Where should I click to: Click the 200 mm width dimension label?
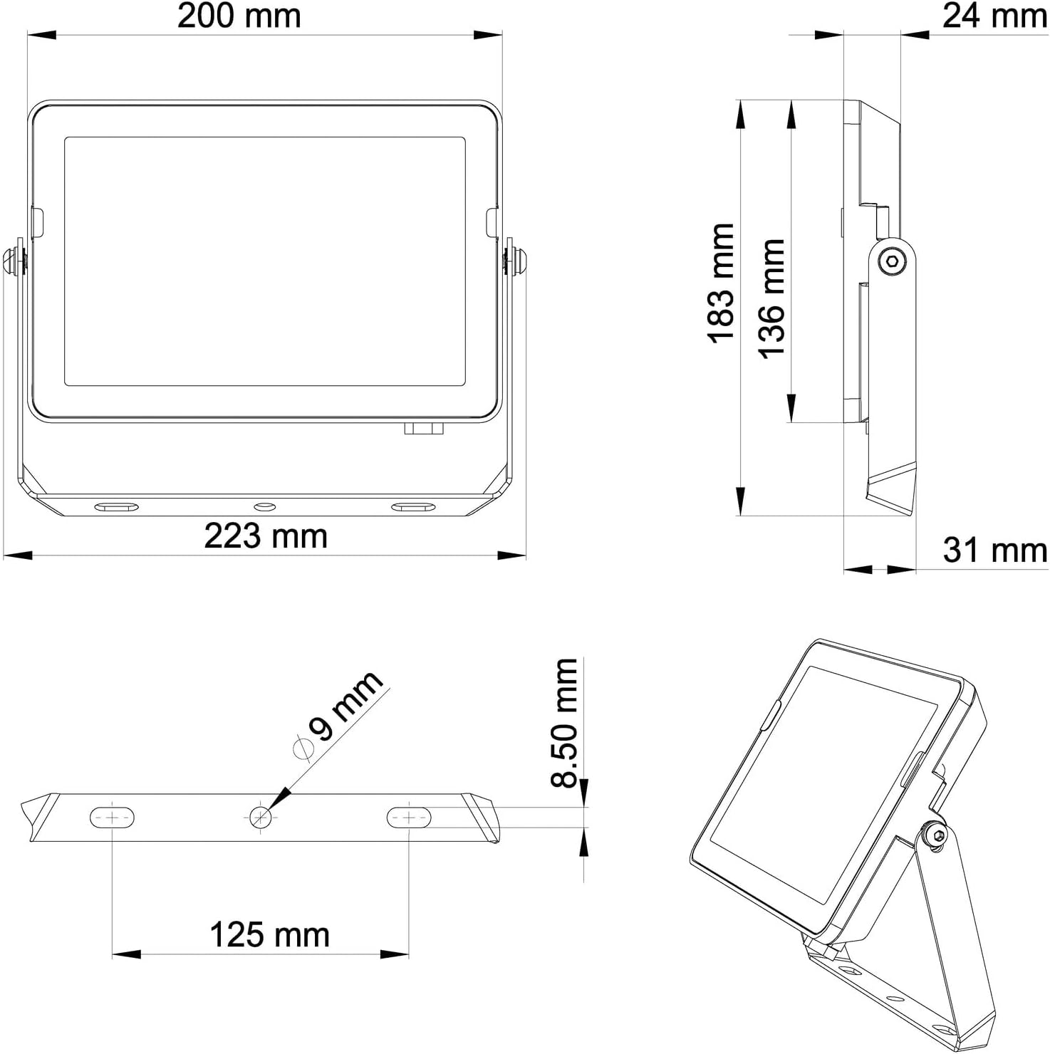tap(239, 16)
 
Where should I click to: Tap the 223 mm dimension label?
tap(265, 536)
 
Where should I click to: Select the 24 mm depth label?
tap(994, 16)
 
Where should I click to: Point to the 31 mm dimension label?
tap(994, 551)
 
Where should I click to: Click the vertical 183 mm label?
tap(721, 283)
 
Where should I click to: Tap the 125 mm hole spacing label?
tap(269, 935)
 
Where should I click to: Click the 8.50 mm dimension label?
tap(565, 722)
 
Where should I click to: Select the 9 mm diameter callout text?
tap(346, 706)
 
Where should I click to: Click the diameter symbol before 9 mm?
tap(303, 748)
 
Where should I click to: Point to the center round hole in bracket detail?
tap(261, 817)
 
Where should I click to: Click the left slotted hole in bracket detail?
tap(113, 818)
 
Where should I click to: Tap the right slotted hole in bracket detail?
tap(409, 818)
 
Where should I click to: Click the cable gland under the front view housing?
tap(424, 429)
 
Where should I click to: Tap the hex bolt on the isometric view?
tap(935, 835)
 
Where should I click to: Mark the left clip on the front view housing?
tap(37, 221)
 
